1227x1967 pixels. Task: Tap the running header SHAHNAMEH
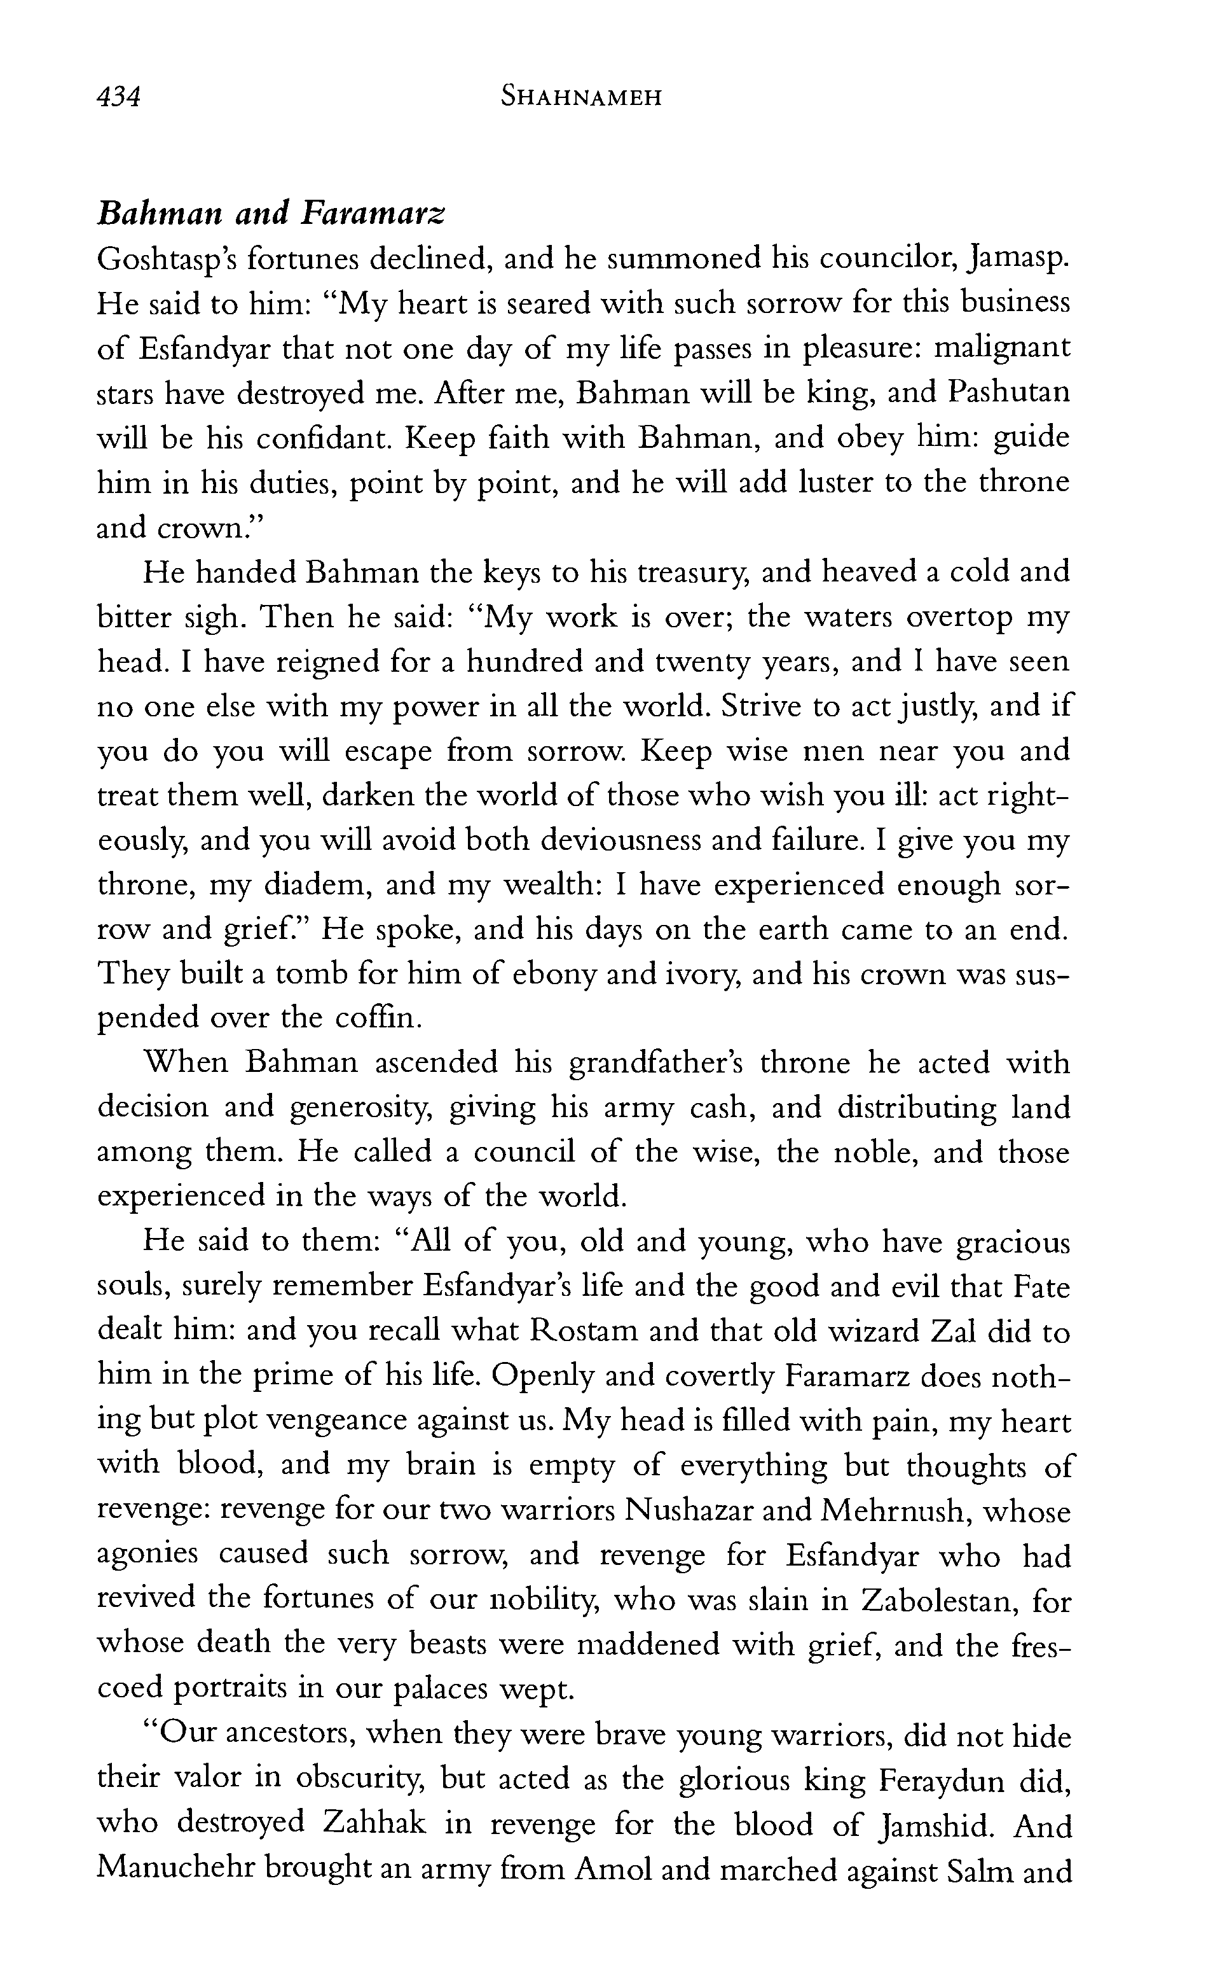pos(581,98)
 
